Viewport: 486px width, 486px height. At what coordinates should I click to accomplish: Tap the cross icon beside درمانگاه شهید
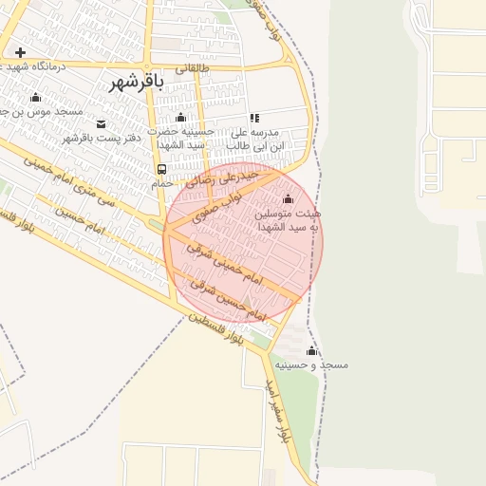pyautogui.click(x=20, y=52)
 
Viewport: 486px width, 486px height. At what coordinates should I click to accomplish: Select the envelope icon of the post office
pyautogui.click(x=101, y=123)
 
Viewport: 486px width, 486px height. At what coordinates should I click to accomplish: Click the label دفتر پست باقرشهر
pyautogui.click(x=102, y=138)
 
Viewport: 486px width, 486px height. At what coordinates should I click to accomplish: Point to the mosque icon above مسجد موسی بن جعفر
pyautogui.click(x=36, y=97)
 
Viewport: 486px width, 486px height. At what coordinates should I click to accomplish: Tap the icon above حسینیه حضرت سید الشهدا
pyautogui.click(x=179, y=118)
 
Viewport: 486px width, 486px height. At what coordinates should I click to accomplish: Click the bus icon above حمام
pyautogui.click(x=161, y=169)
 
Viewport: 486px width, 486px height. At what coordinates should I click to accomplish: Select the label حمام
pyautogui.click(x=161, y=182)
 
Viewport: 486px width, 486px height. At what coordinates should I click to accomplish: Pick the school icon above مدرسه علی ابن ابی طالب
pyautogui.click(x=254, y=118)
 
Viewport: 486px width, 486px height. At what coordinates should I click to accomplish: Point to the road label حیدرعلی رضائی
pyautogui.click(x=225, y=178)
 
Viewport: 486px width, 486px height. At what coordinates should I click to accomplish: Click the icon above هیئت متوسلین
pyautogui.click(x=288, y=199)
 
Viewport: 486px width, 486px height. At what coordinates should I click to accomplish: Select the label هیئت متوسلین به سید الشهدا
pyautogui.click(x=288, y=220)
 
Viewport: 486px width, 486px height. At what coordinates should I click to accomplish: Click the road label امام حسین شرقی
pyautogui.click(x=220, y=290)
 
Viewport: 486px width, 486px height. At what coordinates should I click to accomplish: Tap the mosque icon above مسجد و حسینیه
pyautogui.click(x=311, y=351)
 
